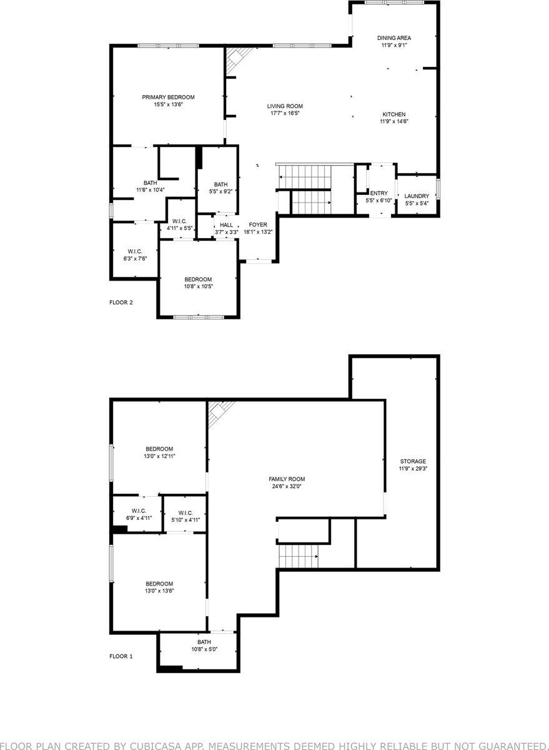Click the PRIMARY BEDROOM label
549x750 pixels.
(168, 97)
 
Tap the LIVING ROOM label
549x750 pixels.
(285, 106)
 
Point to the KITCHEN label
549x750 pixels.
(394, 114)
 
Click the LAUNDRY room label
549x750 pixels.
(417, 196)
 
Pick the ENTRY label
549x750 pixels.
(378, 193)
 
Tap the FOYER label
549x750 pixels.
(258, 224)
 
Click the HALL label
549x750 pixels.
(226, 225)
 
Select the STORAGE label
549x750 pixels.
(413, 461)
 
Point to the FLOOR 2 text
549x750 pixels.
(121, 302)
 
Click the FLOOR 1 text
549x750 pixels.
(121, 656)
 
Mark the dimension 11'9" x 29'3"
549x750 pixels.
(413, 468)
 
